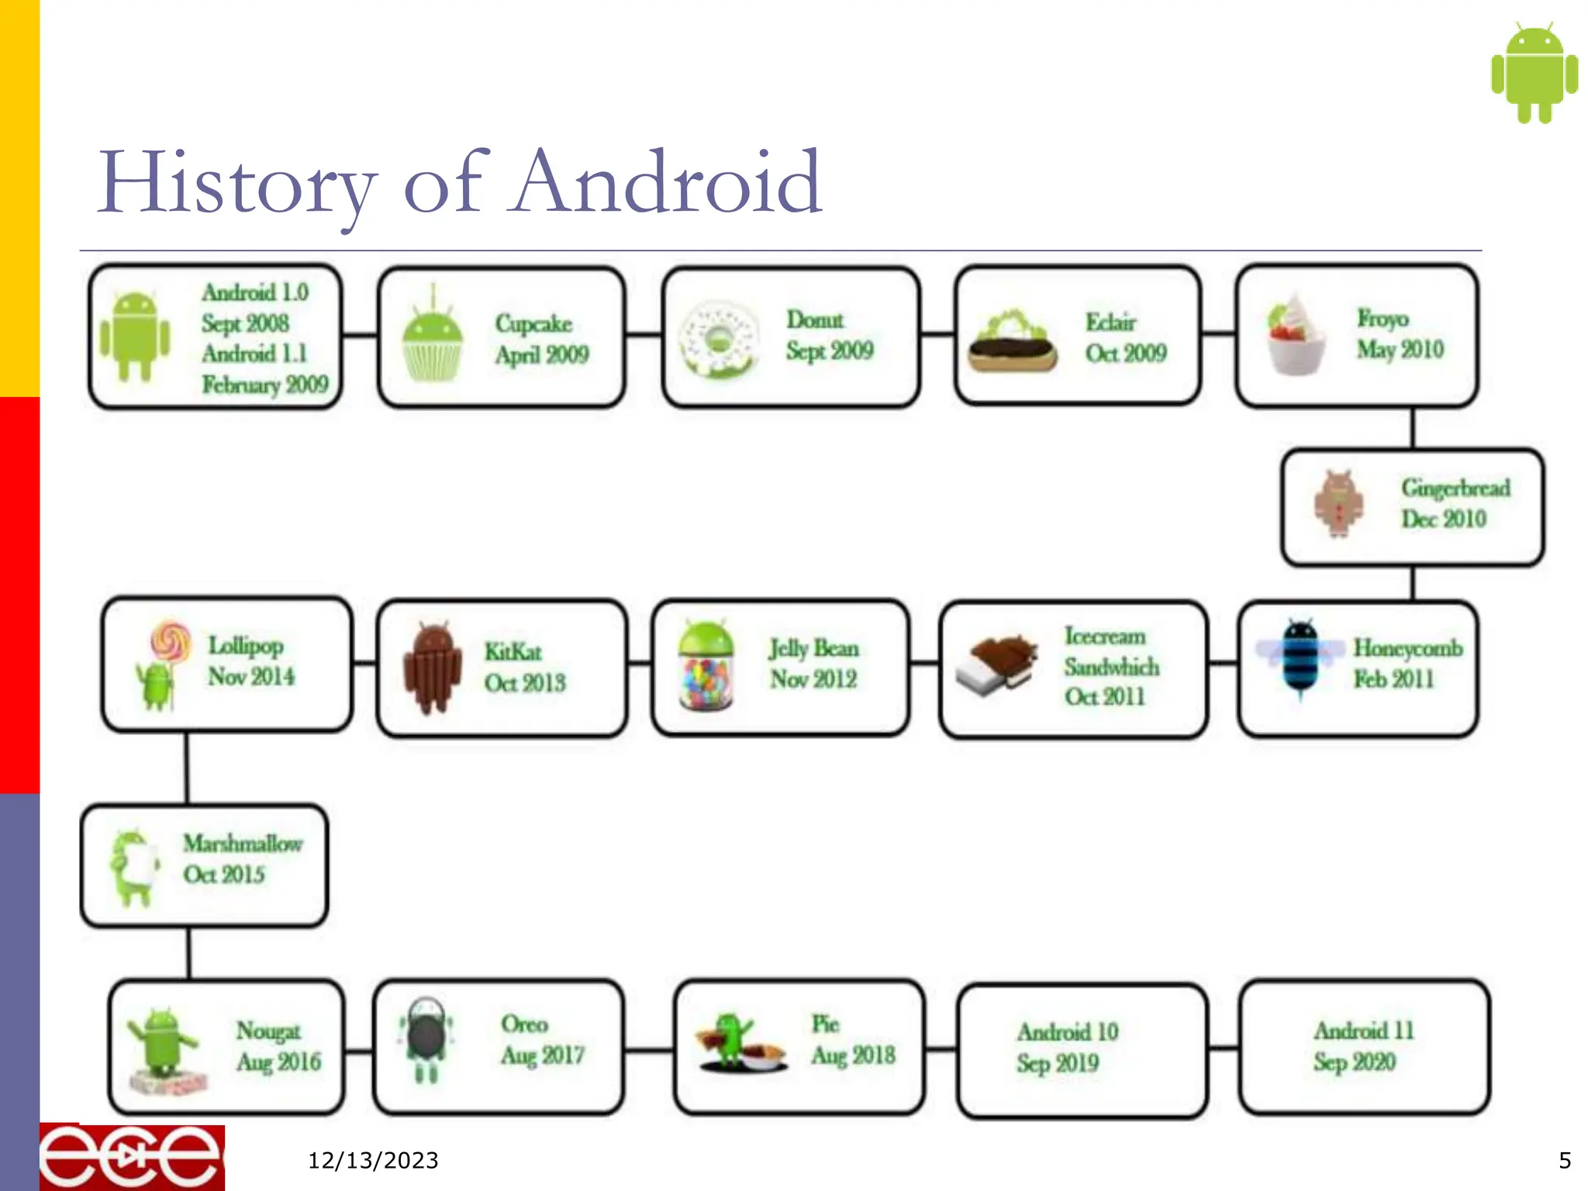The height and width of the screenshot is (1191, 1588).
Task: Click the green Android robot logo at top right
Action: click(x=1534, y=73)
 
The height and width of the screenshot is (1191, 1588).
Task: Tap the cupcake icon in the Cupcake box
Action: click(x=433, y=341)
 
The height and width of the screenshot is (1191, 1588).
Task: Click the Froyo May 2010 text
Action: click(x=1400, y=334)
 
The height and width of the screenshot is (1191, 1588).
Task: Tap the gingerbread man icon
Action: click(x=1339, y=504)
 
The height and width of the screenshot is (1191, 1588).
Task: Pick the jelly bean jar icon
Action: click(x=705, y=667)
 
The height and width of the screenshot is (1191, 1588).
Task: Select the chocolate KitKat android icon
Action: click(x=432, y=667)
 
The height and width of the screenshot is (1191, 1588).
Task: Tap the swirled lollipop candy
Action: click(x=171, y=640)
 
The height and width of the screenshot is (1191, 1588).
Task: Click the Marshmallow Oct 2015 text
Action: click(x=242, y=859)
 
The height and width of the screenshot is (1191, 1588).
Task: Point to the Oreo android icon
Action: click(x=426, y=1039)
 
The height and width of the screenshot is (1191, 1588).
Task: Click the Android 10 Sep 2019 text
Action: click(x=1067, y=1048)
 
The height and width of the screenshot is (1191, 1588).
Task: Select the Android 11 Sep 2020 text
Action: click(x=1362, y=1046)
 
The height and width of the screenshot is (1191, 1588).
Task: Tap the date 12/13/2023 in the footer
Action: click(x=373, y=1161)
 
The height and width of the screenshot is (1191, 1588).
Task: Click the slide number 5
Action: click(x=1565, y=1161)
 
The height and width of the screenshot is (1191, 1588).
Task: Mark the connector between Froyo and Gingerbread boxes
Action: click(x=1413, y=428)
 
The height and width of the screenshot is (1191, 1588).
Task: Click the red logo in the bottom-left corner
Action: click(x=132, y=1157)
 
